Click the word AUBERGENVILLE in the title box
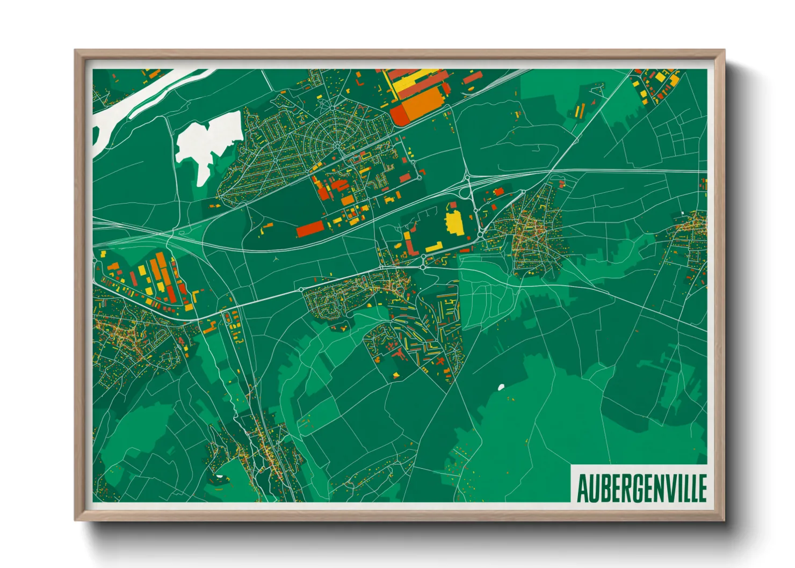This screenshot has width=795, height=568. [641, 488]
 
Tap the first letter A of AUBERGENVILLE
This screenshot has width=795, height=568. [582, 488]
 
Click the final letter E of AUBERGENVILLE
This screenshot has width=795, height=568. [702, 488]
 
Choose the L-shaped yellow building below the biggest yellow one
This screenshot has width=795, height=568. [434, 247]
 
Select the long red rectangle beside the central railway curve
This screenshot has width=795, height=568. [310, 228]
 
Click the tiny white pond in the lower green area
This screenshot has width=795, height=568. [501, 387]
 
